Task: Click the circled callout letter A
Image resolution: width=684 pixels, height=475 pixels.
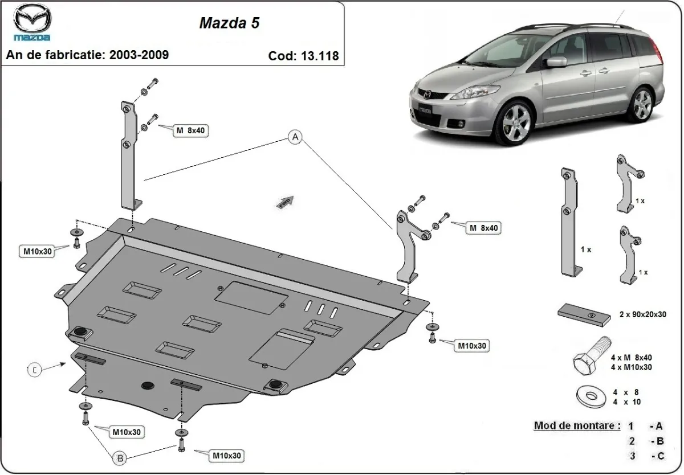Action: pos(295,137)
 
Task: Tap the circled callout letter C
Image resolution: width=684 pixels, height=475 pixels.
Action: pos(34,370)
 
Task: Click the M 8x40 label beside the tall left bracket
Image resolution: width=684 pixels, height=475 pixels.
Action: pos(190,130)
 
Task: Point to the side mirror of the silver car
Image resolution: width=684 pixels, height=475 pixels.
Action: pos(556,62)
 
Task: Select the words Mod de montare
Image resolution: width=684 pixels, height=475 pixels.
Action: pos(576,425)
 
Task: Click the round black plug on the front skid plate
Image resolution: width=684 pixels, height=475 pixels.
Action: pos(148,384)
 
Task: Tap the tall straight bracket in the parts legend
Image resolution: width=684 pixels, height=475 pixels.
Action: pos(570,222)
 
